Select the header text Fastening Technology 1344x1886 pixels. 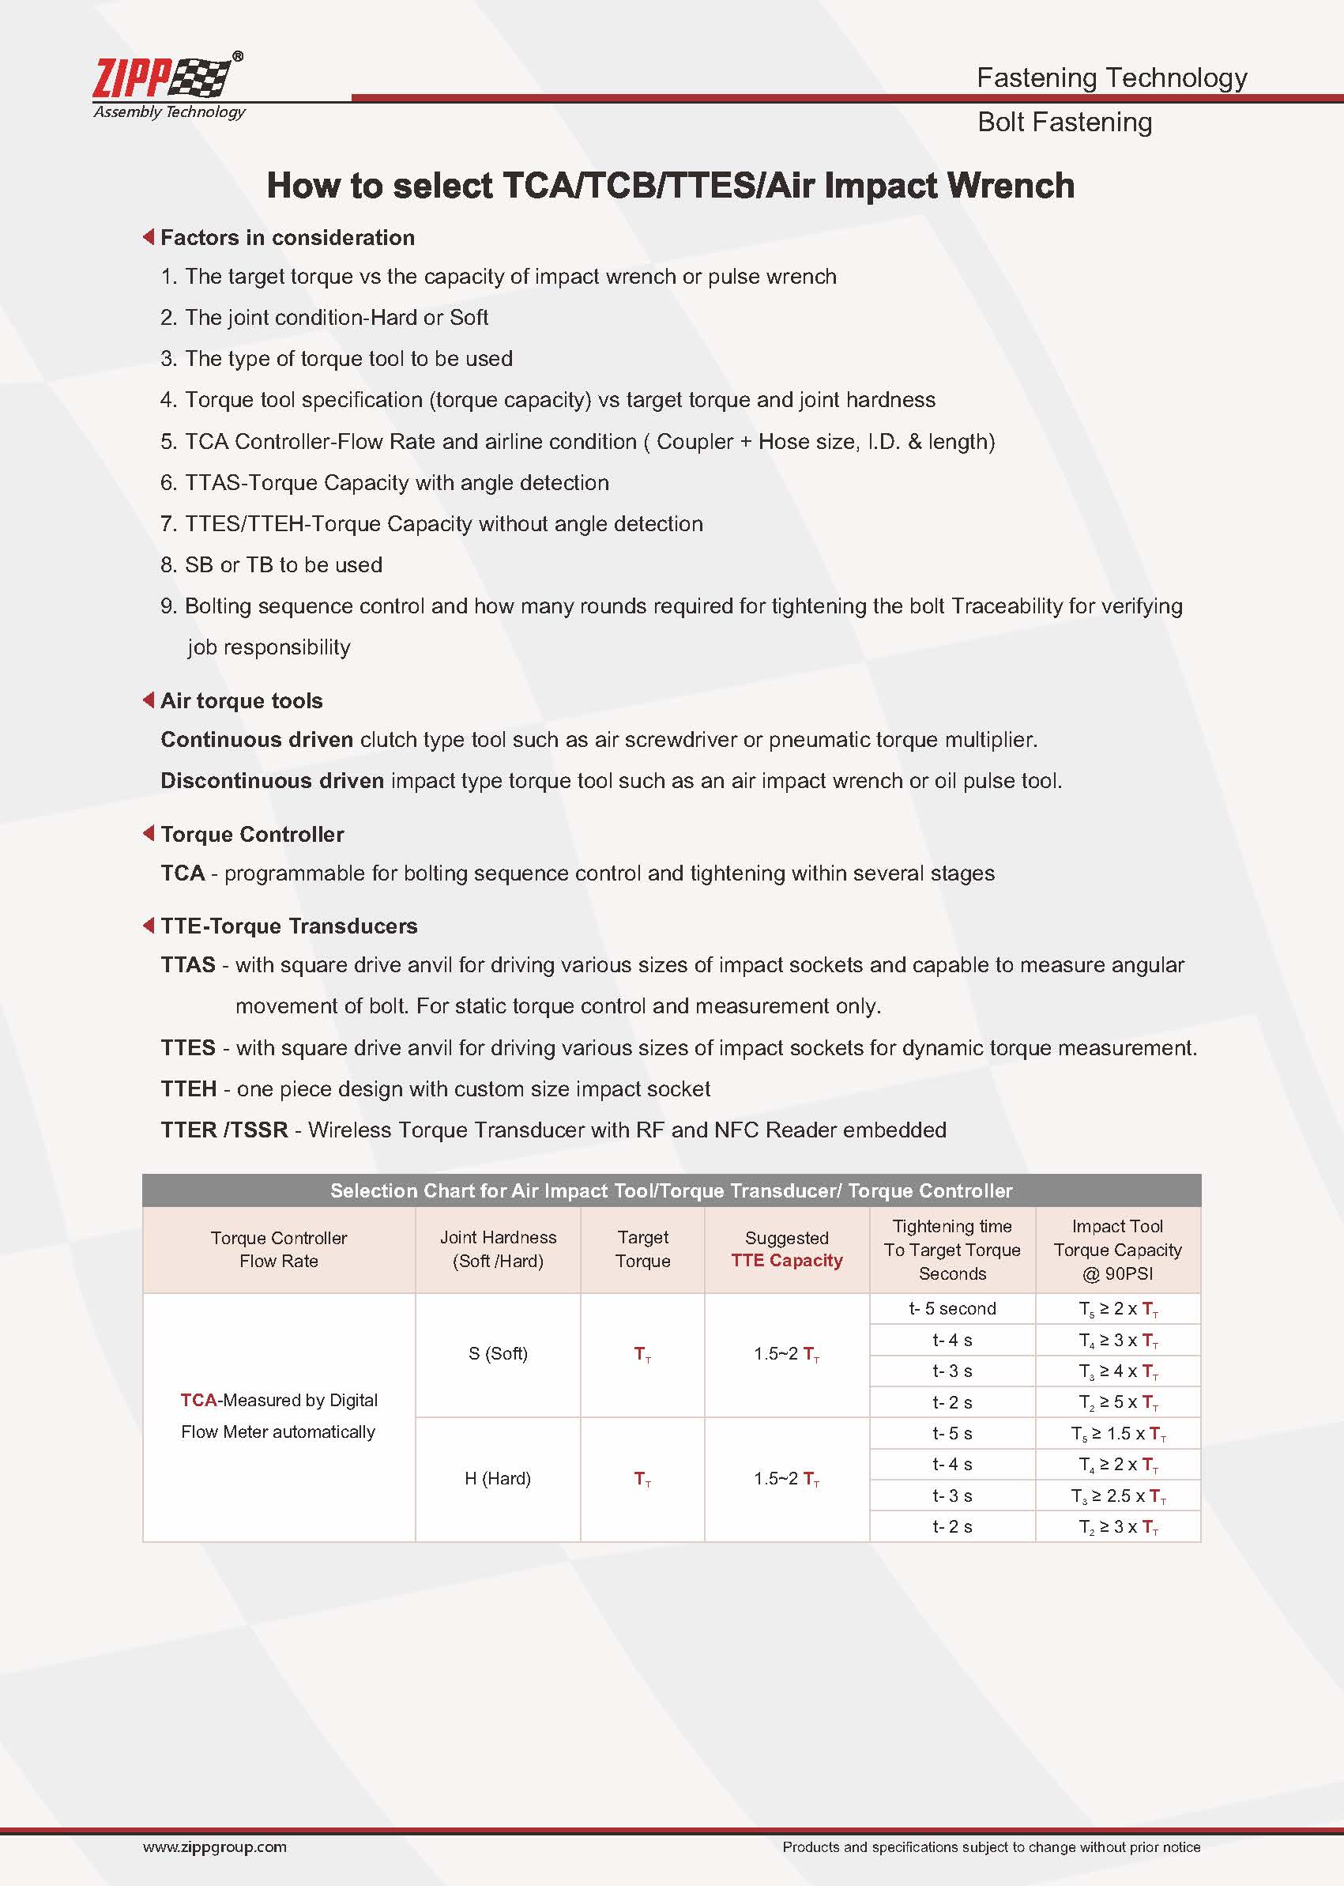[1111, 77]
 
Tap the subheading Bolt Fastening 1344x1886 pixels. [1064, 123]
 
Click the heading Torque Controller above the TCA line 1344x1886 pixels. [251, 835]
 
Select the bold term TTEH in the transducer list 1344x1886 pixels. [189, 1088]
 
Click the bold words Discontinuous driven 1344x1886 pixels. [273, 781]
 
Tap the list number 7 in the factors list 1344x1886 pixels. [168, 524]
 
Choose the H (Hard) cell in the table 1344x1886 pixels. [497, 1479]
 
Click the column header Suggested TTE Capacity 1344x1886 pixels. [786, 1250]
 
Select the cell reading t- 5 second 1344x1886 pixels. [952, 1309]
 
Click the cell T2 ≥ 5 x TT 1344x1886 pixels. [1117, 1402]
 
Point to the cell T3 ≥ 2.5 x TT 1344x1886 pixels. [1117, 1496]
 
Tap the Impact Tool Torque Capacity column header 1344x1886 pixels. [1117, 1250]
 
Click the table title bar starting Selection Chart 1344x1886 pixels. [671, 1190]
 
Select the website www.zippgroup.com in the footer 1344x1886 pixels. [214, 1847]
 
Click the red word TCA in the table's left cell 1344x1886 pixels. [198, 1400]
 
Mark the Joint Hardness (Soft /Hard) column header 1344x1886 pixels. [497, 1250]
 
